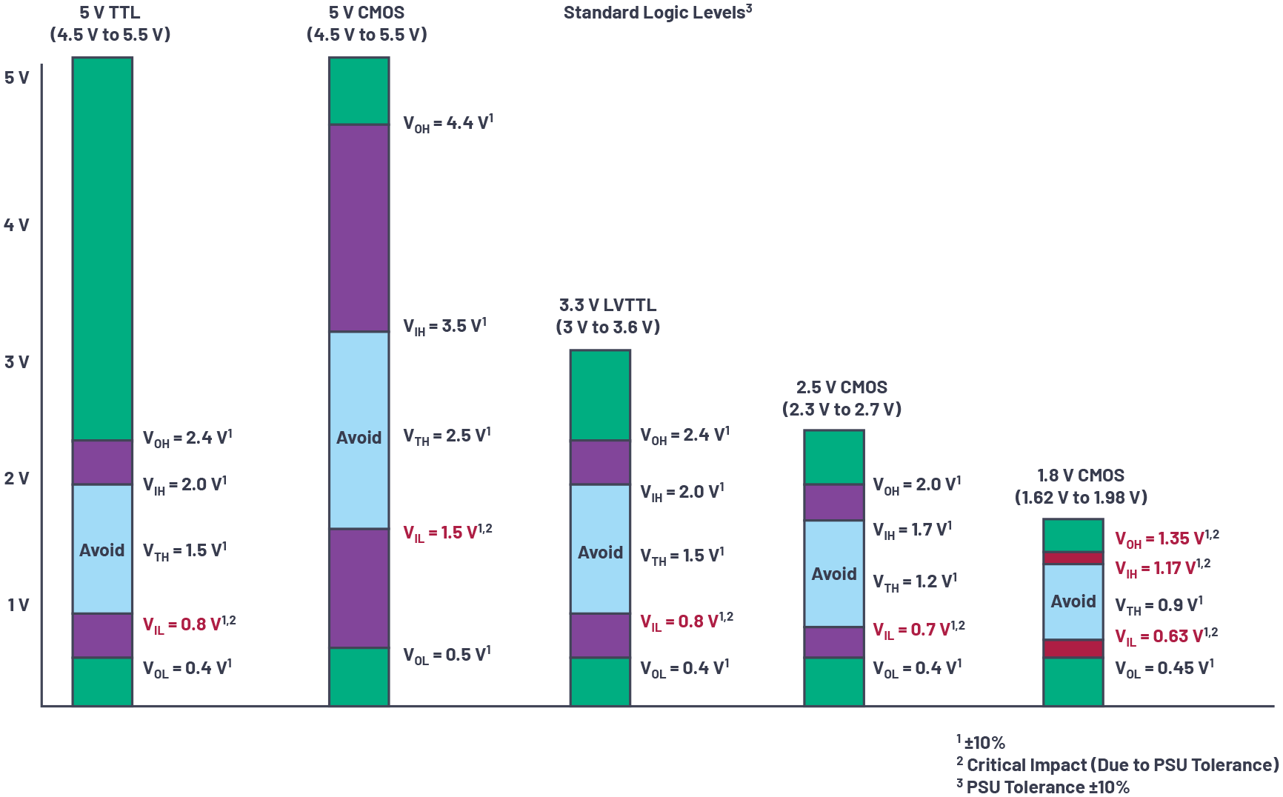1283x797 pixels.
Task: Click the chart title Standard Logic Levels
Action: pyautogui.click(x=656, y=13)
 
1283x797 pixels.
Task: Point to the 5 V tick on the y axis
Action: pyautogui.click(x=17, y=78)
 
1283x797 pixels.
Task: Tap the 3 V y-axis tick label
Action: pyautogui.click(x=17, y=362)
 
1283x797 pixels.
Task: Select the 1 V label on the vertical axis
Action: pyautogui.click(x=19, y=605)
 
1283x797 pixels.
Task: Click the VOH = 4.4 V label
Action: pyautogui.click(x=447, y=124)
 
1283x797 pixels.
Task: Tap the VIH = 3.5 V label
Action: pyautogui.click(x=444, y=327)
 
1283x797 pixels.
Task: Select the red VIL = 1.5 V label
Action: pyautogui.click(x=447, y=533)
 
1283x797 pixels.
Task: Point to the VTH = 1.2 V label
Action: pyautogui.click(x=915, y=582)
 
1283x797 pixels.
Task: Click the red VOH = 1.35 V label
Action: pyautogui.click(x=1167, y=539)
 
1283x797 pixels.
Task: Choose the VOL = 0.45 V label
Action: pyautogui.click(x=1164, y=669)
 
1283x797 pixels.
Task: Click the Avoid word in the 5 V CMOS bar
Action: pyautogui.click(x=359, y=438)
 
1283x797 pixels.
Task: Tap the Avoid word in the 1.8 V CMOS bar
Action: pyautogui.click(x=1073, y=601)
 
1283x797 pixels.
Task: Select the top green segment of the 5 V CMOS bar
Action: pyautogui.click(x=359, y=90)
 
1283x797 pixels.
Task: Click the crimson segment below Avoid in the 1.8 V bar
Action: pyautogui.click(x=1073, y=649)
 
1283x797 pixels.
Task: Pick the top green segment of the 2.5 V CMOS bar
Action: pyautogui.click(x=834, y=457)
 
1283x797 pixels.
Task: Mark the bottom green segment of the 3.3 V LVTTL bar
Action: pyautogui.click(x=600, y=681)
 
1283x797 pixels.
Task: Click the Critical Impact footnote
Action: pyautogui.click(x=1118, y=765)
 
